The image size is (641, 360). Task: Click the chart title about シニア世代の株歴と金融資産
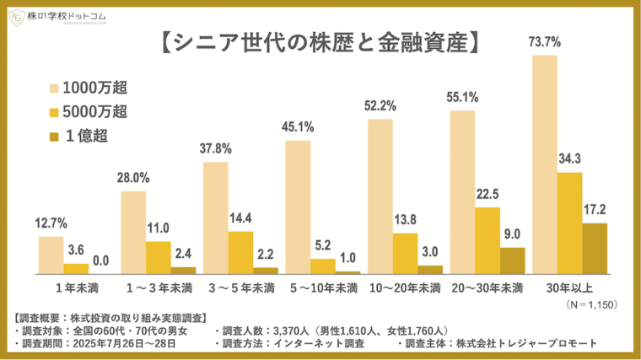pyautogui.click(x=320, y=43)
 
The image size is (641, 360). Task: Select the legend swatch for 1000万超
pyautogui.click(x=59, y=87)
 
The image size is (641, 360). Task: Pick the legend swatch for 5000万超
pyautogui.click(x=59, y=111)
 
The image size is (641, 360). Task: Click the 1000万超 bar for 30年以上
pyautogui.click(x=545, y=164)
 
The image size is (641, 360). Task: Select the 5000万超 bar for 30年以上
pyautogui.click(x=569, y=223)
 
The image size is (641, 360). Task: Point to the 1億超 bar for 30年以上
pyautogui.click(x=594, y=249)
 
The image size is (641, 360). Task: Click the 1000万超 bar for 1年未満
pyautogui.click(x=51, y=255)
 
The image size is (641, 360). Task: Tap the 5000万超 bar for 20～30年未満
pyautogui.click(x=487, y=240)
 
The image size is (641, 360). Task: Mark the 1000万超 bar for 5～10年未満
pyautogui.click(x=298, y=207)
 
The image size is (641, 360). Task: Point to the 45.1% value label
pyautogui.click(x=298, y=128)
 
